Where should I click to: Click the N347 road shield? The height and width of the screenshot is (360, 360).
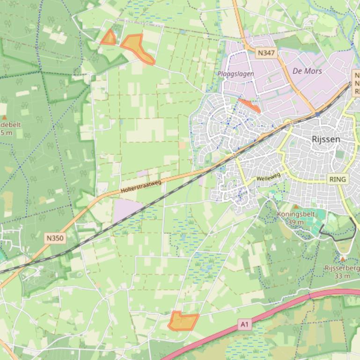[266, 53]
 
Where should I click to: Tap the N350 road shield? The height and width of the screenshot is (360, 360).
[55, 238]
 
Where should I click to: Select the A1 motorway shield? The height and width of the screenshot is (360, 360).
[244, 324]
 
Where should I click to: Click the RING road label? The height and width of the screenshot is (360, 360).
[338, 179]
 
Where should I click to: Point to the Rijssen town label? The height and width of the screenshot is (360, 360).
[326, 139]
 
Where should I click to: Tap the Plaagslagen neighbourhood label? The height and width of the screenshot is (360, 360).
[235, 74]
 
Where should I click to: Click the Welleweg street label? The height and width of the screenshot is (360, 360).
[268, 177]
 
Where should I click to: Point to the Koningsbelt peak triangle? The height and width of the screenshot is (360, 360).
[296, 206]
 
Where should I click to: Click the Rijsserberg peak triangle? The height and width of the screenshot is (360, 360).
[343, 259]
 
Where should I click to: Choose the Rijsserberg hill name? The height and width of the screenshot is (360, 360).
[342, 268]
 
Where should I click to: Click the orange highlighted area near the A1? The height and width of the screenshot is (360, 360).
[183, 321]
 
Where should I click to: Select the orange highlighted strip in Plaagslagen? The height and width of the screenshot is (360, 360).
[249, 105]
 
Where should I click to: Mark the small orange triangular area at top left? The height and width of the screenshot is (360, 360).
[109, 38]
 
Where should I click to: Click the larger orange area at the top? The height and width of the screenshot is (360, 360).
[136, 47]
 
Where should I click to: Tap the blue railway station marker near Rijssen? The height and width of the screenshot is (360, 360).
[318, 114]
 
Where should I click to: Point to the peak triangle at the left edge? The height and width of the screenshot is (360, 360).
[5, 117]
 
